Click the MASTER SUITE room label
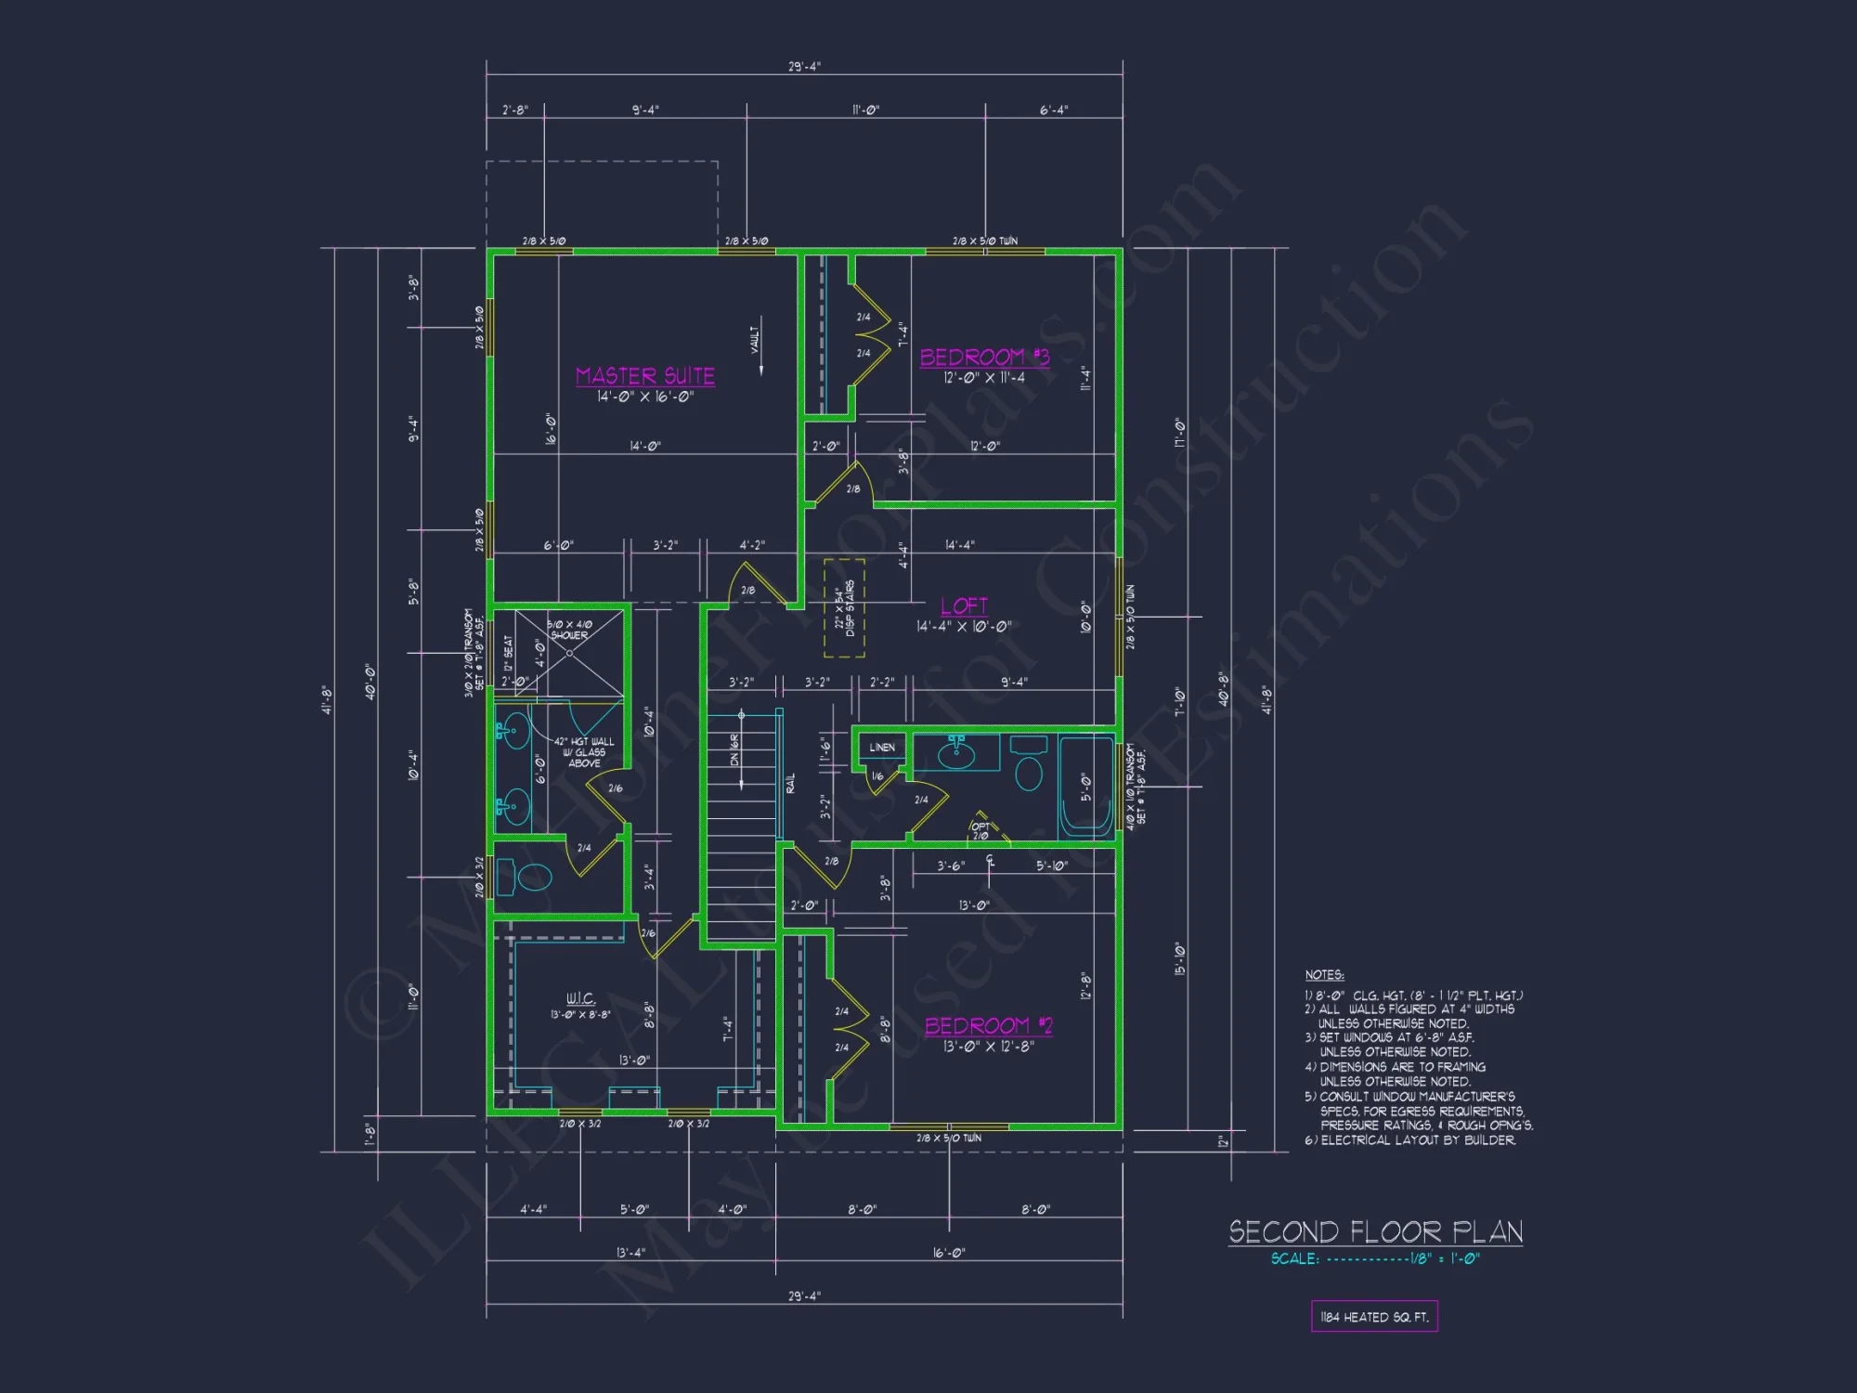click(x=645, y=376)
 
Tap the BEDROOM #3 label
click(x=984, y=358)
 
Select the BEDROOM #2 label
click(x=988, y=1026)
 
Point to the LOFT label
click(x=964, y=606)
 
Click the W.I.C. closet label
click(x=580, y=998)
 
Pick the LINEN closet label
click(x=882, y=748)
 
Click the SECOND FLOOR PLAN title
click(x=1375, y=1232)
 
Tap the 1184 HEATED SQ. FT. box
click(x=1374, y=1317)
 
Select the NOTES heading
click(x=1324, y=975)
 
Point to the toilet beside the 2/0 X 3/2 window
click(x=532, y=876)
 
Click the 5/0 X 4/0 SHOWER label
click(x=569, y=630)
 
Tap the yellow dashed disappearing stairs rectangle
click(x=844, y=608)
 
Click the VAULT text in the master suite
click(x=755, y=339)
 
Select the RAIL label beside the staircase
click(x=791, y=783)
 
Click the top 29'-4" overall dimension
click(x=804, y=67)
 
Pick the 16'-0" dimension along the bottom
click(x=948, y=1253)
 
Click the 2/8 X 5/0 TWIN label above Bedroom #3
click(x=984, y=241)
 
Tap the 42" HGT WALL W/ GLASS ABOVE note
click(x=584, y=752)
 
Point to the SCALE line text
click(x=1375, y=1259)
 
